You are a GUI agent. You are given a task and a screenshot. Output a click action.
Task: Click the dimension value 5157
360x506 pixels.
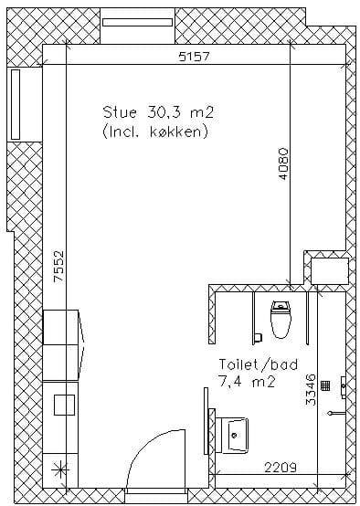195,57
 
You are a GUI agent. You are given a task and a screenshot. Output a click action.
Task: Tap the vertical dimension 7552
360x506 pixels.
58,267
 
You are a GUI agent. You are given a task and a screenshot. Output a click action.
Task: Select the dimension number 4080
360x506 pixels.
283,163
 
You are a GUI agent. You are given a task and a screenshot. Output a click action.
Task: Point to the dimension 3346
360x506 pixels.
311,389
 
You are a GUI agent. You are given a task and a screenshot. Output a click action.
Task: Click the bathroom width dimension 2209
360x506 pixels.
281,467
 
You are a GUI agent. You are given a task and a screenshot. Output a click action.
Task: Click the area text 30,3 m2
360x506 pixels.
181,112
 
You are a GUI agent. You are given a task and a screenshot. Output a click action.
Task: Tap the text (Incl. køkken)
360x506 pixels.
155,132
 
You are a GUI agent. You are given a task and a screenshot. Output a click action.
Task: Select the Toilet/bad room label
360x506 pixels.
258,364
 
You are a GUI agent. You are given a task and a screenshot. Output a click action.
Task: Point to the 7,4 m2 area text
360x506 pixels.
247,382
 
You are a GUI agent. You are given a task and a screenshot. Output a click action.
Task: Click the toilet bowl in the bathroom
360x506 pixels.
281,320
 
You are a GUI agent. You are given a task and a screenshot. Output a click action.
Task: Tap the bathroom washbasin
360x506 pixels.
235,435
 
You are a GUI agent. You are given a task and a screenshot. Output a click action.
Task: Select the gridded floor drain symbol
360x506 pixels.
325,385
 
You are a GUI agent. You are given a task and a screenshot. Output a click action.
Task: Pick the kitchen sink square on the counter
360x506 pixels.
64,405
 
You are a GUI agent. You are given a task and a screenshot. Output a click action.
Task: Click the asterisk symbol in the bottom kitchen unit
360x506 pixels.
59,469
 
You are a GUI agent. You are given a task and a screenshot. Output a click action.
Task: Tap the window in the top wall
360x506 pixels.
137,22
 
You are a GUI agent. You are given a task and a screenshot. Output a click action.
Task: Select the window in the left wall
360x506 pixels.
16,104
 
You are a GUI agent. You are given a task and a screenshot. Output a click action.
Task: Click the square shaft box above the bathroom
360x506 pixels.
330,271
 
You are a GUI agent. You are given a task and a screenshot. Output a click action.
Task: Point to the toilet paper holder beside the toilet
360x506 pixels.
258,338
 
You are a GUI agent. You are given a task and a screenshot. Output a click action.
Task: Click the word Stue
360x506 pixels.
120,112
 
